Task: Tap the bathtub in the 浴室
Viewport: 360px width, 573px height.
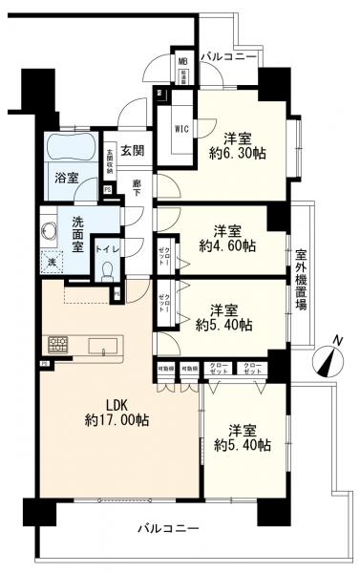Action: point(71,149)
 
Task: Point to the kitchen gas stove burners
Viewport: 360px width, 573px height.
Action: point(56,344)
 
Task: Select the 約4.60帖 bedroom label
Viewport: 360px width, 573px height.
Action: point(226,238)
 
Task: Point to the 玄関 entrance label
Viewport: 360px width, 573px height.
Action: point(131,150)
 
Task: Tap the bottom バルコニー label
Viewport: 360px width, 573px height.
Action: point(167,527)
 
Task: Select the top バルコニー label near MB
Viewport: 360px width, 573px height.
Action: point(228,57)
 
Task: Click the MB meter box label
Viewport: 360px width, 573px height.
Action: point(182,63)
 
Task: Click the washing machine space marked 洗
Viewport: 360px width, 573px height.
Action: point(52,259)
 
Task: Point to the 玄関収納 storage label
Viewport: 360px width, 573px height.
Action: point(110,159)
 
